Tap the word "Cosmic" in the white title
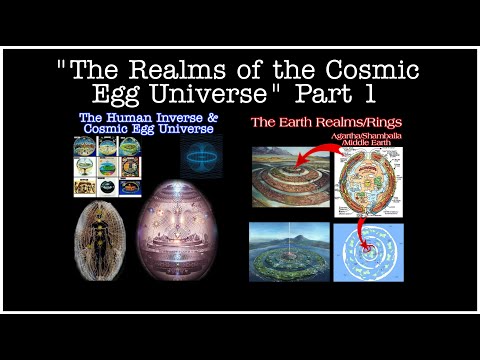coord(374,72)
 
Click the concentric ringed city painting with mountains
coord(291,177)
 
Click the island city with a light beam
coord(291,251)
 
